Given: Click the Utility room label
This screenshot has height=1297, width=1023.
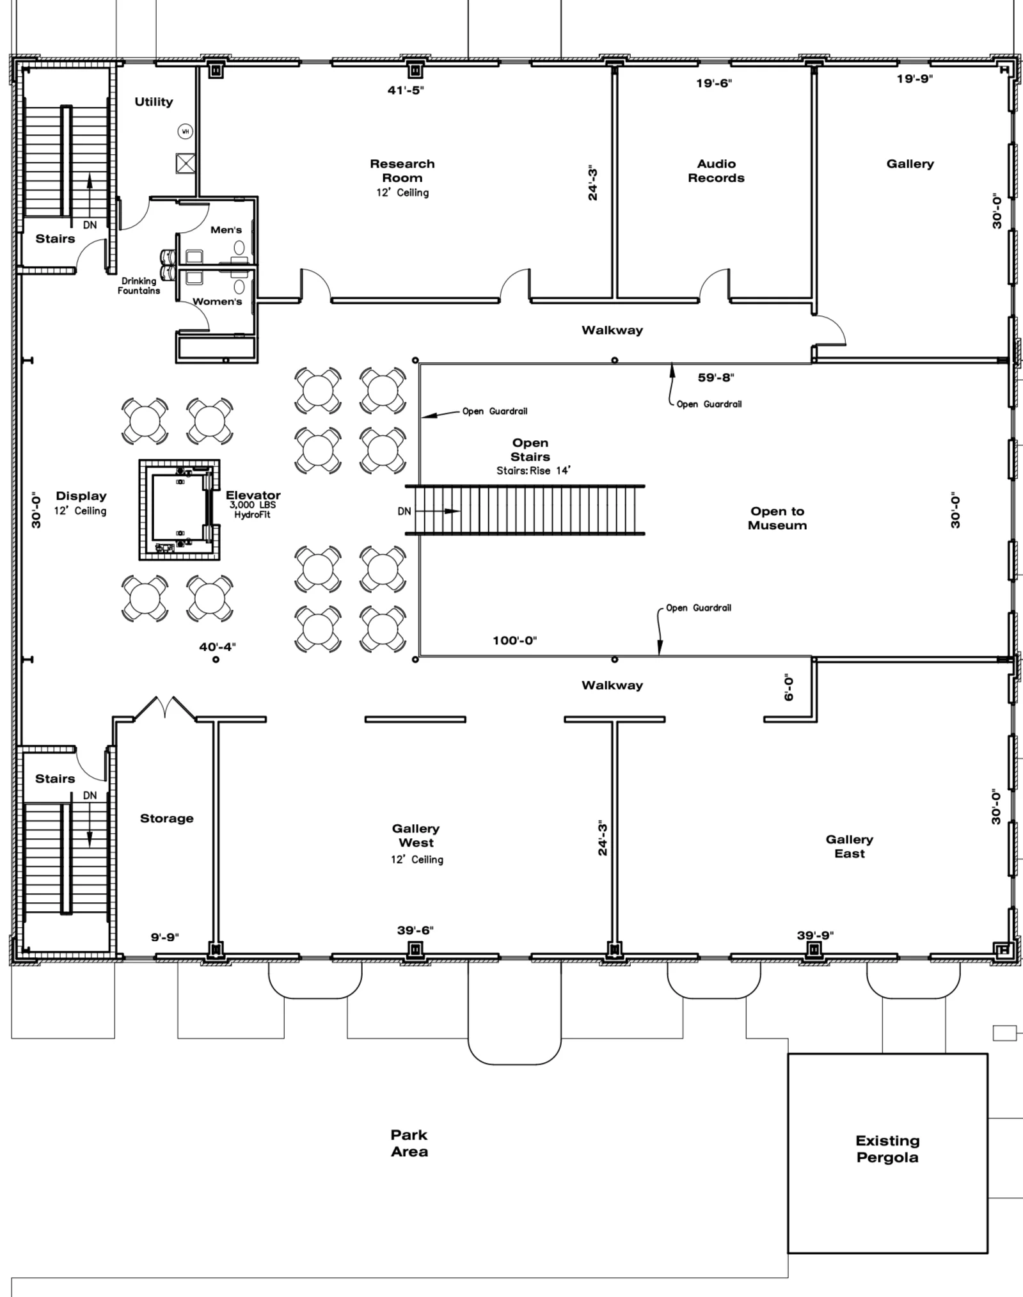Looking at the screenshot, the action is [154, 102].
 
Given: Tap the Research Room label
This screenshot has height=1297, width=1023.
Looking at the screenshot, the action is [402, 171].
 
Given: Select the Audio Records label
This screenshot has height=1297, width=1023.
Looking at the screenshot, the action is [716, 171].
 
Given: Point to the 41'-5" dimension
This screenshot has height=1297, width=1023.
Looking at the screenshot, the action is [406, 90].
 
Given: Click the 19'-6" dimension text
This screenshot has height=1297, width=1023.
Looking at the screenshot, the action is [714, 83].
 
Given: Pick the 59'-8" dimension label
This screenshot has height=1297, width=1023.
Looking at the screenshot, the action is [716, 378].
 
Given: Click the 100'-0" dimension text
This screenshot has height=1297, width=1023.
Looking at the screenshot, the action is [514, 641].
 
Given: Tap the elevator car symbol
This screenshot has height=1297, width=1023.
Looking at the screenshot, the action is [180, 510].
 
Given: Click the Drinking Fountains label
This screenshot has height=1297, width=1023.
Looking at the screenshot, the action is [138, 285].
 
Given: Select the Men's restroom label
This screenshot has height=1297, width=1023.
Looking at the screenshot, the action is [226, 230].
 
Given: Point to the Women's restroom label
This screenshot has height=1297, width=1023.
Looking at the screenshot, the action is [218, 301].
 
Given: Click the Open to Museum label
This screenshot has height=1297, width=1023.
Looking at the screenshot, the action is [777, 518].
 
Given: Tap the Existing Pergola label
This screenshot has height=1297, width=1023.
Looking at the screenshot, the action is [887, 1149].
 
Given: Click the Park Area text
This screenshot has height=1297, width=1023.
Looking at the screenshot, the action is [409, 1143].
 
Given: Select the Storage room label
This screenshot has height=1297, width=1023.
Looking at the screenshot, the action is [166, 818].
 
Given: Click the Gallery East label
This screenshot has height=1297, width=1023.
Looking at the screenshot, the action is [849, 846].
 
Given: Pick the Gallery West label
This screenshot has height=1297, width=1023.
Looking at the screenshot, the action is [416, 836].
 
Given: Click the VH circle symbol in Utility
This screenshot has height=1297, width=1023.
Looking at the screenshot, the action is [186, 132].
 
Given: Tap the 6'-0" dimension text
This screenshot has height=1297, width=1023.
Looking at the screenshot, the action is [789, 688].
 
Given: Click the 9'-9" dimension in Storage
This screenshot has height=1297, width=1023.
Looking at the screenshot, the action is [164, 937].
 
